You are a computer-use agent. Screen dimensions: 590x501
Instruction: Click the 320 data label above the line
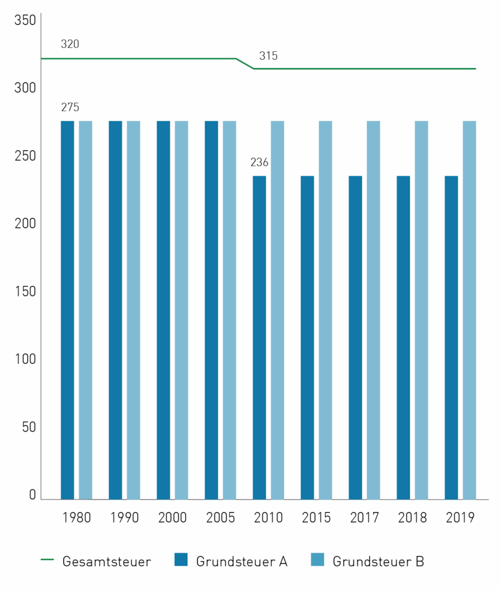point(70,44)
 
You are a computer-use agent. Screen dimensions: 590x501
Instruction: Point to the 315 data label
point(268,56)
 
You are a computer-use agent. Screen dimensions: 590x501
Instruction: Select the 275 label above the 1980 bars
point(70,107)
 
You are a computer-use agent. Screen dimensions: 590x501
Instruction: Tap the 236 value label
point(259,162)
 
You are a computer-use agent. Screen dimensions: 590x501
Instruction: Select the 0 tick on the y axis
point(32,495)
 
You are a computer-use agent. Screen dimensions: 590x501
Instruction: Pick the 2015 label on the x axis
point(316,517)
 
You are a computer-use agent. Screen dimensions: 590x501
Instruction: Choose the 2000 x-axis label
point(172,517)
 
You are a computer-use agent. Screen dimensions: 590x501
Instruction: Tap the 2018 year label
point(412,517)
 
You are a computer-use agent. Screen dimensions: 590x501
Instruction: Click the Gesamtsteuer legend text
point(107,561)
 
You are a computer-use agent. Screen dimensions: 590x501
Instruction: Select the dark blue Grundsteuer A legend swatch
point(181,559)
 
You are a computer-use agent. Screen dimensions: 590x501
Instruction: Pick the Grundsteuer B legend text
point(378,561)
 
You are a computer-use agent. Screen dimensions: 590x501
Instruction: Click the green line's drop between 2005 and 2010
point(245,63)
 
